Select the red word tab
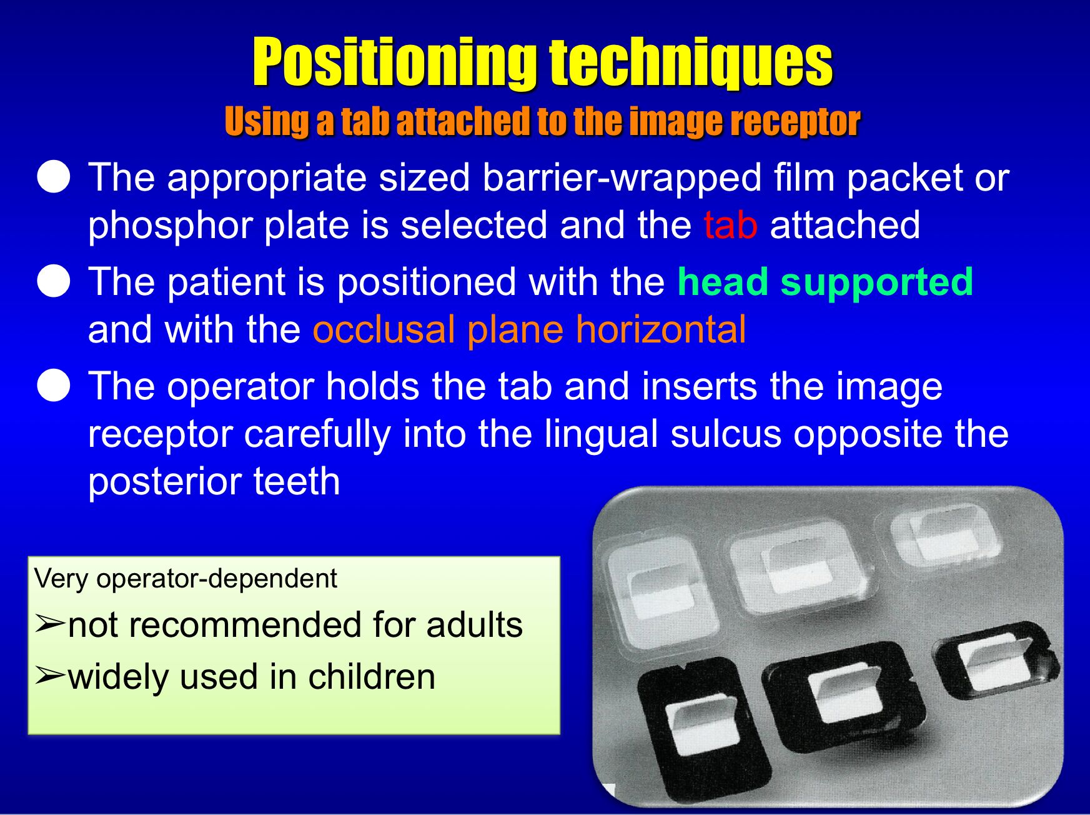tap(730, 224)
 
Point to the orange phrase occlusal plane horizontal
tap(529, 329)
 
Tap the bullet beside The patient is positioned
tap(54, 281)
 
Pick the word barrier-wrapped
tap(622, 178)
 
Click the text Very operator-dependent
tap(186, 579)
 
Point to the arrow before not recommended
tap(50, 624)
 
